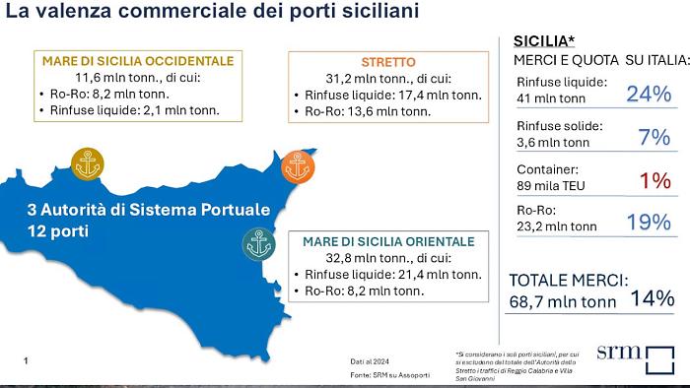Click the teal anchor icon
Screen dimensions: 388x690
258,243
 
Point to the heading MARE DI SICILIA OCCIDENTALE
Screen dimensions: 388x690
138,61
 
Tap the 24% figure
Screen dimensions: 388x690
649,95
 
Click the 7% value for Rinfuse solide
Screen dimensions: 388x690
655,138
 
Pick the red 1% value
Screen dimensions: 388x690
655,181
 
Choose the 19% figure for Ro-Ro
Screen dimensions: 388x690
649,223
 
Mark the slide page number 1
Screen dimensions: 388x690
25,361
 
